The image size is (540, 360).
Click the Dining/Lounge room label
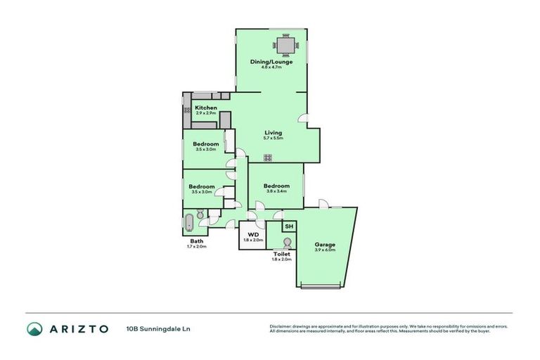(x=271, y=62)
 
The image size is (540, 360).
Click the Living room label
(x=273, y=132)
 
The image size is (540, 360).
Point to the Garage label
(x=324, y=244)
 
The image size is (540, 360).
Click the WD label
(x=252, y=235)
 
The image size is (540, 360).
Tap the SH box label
(x=289, y=226)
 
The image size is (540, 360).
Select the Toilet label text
(x=281, y=254)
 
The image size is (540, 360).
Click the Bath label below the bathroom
(x=196, y=241)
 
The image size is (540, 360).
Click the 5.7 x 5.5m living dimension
(x=273, y=138)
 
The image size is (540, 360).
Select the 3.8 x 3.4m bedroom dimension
(x=278, y=191)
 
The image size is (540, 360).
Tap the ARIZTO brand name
(x=78, y=328)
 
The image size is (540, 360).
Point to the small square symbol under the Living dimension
(x=268, y=157)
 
